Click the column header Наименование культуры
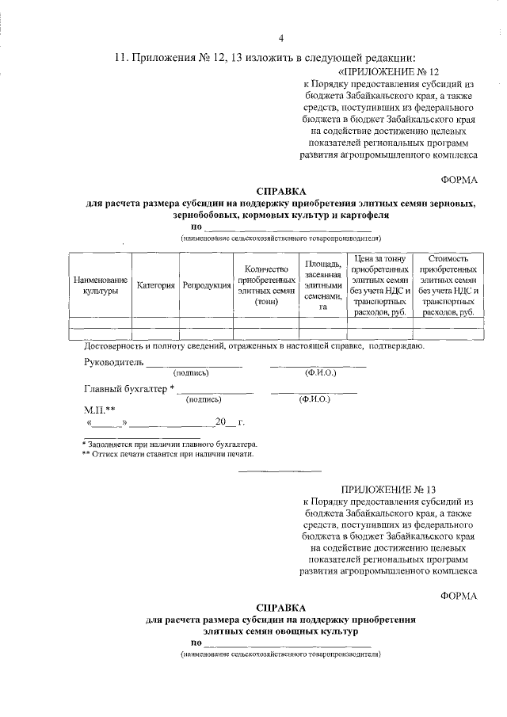click(x=100, y=285)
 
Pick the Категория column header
click(x=155, y=285)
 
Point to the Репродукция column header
click(x=206, y=285)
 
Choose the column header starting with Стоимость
click(x=448, y=285)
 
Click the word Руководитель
click(x=113, y=362)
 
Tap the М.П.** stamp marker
click(x=100, y=410)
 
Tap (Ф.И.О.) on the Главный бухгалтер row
click(x=314, y=399)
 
